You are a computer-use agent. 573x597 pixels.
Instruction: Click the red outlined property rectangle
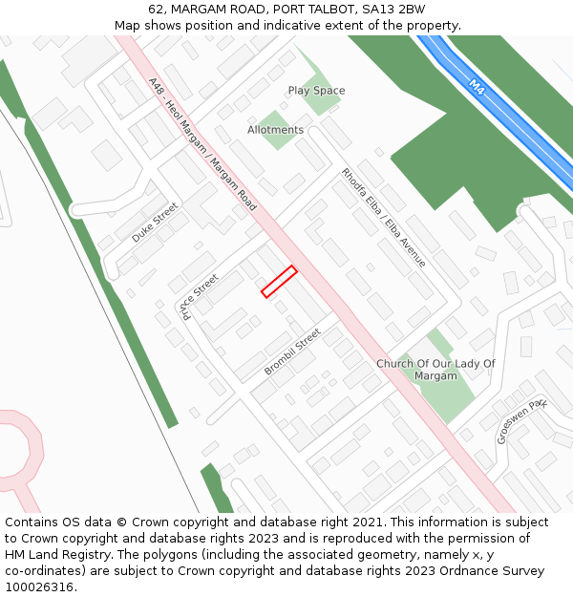[279, 282]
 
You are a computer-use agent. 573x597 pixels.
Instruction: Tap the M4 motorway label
[478, 86]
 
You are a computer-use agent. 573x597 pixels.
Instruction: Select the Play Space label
[316, 91]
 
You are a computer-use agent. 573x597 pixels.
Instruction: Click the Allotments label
[275, 130]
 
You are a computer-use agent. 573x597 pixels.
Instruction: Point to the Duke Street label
[155, 222]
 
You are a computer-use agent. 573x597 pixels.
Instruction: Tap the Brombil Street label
[292, 352]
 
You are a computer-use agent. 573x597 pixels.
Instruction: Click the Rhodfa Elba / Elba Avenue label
[384, 217]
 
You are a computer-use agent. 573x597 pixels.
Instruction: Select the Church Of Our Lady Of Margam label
[435, 370]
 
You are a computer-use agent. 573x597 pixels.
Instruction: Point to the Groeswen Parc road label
[521, 420]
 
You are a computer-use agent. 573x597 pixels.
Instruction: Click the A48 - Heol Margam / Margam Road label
[202, 144]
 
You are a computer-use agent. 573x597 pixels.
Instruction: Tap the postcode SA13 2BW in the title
[393, 10]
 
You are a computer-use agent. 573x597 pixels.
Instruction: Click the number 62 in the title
[157, 10]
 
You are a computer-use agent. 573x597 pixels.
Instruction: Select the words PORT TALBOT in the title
[308, 10]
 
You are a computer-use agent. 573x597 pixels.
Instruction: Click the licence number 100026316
[39, 586]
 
